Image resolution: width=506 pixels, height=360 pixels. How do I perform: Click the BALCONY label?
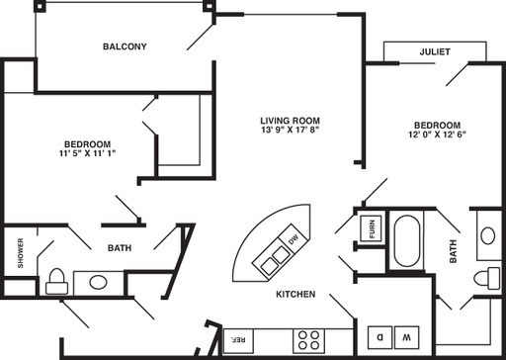tap(124, 46)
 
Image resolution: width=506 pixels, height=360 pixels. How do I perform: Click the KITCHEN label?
tap(295, 295)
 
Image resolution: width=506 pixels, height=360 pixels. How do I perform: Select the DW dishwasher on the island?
tap(293, 240)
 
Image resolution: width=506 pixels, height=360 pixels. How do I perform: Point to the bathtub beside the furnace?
tap(406, 241)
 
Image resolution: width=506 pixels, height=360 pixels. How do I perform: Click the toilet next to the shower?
tap(56, 280)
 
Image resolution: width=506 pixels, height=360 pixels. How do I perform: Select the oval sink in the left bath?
tap(98, 282)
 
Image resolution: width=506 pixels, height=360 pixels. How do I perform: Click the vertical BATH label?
tap(454, 253)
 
